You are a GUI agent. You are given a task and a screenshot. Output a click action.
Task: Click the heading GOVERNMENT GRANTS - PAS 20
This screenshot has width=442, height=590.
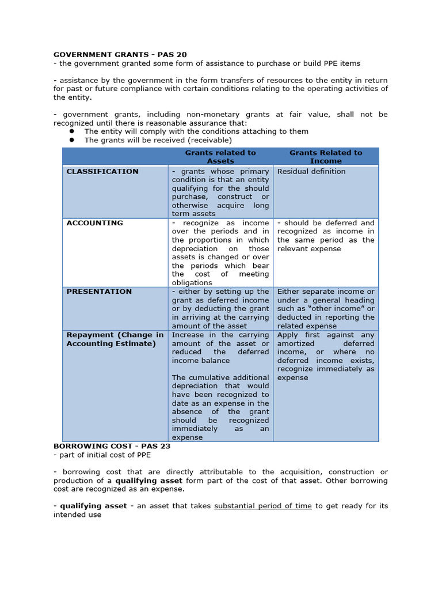pyautogui.click(x=120, y=55)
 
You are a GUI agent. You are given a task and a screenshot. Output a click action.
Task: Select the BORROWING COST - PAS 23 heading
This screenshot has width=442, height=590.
pyautogui.click(x=112, y=446)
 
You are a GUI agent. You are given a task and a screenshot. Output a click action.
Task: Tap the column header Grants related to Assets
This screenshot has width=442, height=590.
pyautogui.click(x=220, y=157)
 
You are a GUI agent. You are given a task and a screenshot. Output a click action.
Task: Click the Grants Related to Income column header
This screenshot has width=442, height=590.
pyautogui.click(x=326, y=157)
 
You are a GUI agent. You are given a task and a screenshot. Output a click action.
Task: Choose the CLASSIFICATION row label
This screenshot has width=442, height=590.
pyautogui.click(x=102, y=171)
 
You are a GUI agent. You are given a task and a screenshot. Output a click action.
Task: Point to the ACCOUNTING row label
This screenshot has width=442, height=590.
pyautogui.click(x=94, y=223)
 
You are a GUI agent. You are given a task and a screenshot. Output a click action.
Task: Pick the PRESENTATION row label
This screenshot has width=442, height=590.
pyautogui.click(x=99, y=292)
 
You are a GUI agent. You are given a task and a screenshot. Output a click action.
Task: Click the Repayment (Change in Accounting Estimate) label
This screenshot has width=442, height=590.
pyautogui.click(x=115, y=339)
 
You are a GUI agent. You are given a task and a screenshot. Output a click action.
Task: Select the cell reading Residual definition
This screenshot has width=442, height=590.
pyautogui.click(x=311, y=171)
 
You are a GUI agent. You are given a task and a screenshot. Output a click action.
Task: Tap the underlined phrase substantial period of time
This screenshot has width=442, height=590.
pyautogui.click(x=263, y=506)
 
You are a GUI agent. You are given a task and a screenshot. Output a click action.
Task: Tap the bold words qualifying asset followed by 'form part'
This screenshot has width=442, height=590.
pyautogui.click(x=149, y=481)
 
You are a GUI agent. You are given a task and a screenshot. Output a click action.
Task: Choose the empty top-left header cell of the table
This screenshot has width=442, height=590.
pyautogui.click(x=115, y=157)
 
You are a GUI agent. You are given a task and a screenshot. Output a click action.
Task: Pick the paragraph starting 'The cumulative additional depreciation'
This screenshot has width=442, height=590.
pyautogui.click(x=220, y=407)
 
